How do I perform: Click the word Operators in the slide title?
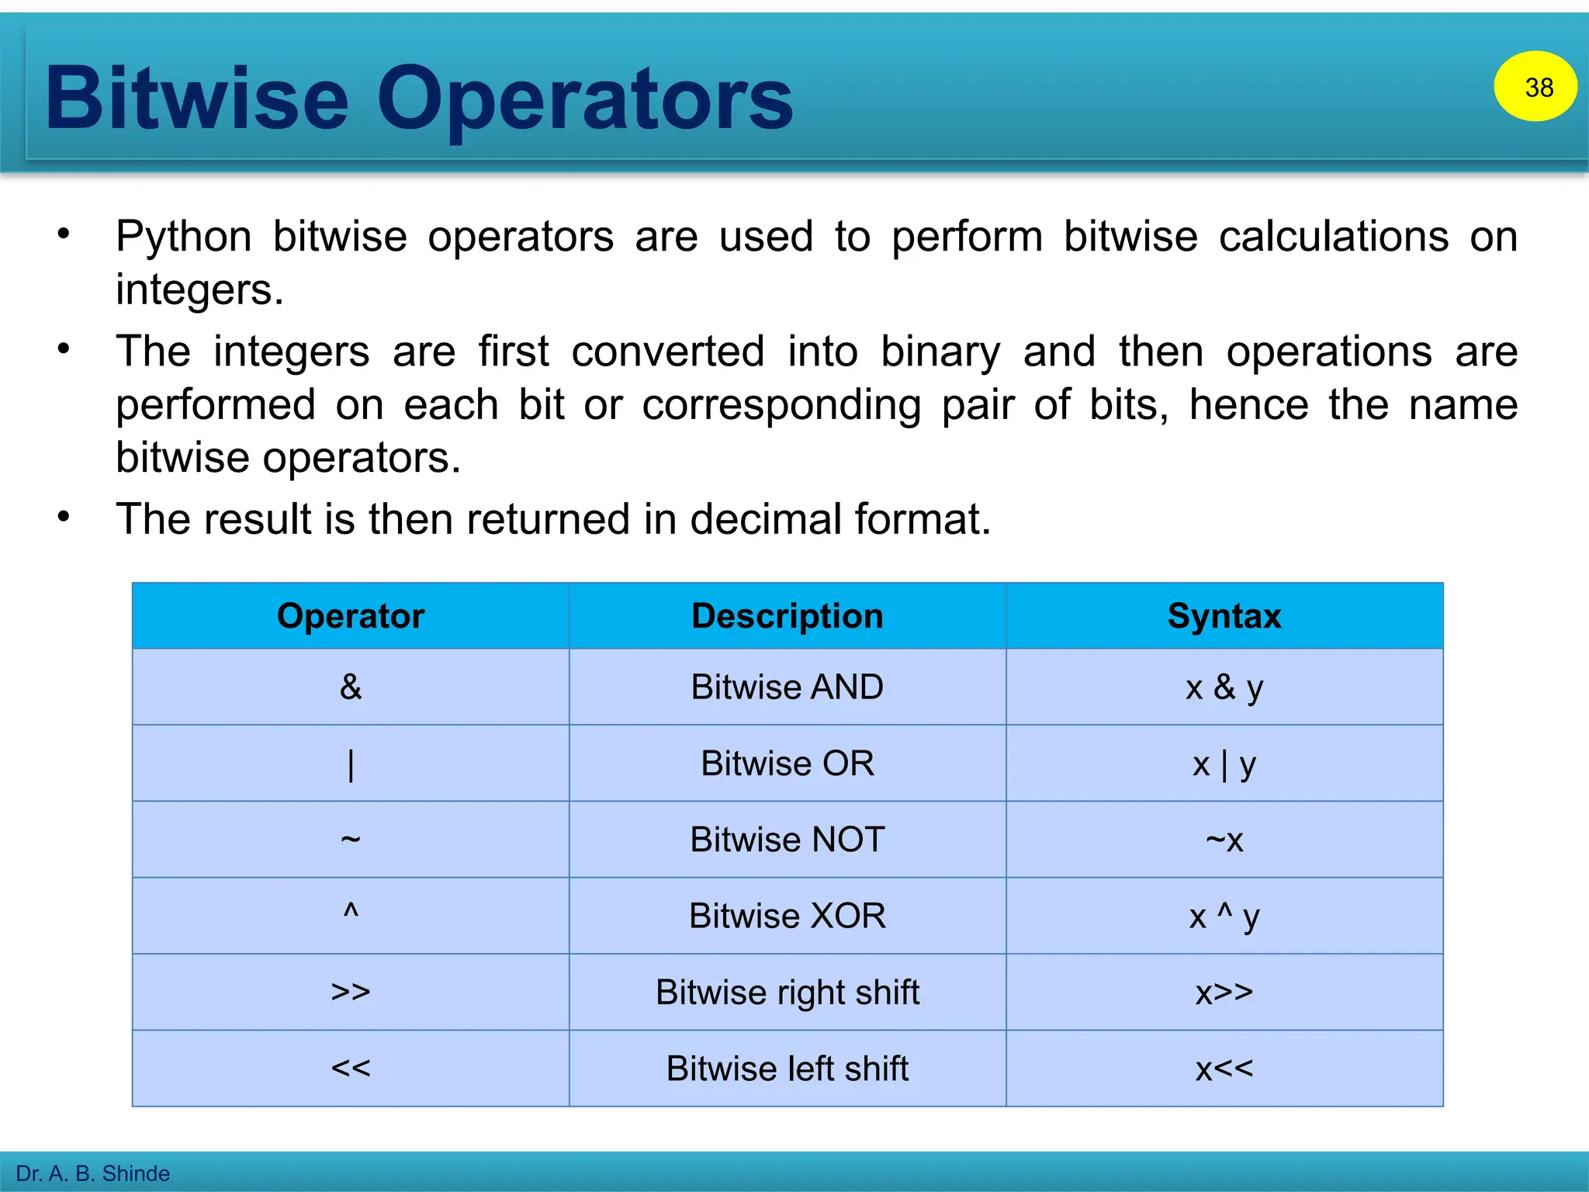pyautogui.click(x=585, y=99)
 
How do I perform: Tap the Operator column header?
pyautogui.click(x=351, y=616)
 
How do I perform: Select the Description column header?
pyautogui.click(x=787, y=616)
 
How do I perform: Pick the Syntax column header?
pyautogui.click(x=1224, y=616)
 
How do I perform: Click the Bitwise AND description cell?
pyautogui.click(x=787, y=687)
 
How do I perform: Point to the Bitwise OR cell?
pyautogui.click(x=787, y=764)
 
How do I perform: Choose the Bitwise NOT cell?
pyautogui.click(x=787, y=840)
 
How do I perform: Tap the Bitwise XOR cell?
pyautogui.click(x=787, y=916)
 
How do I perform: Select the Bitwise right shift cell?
pyautogui.click(x=787, y=993)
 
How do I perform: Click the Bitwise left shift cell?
pyautogui.click(x=787, y=1069)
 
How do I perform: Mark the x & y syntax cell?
pyautogui.click(x=1224, y=688)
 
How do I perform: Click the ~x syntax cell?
pyautogui.click(x=1224, y=840)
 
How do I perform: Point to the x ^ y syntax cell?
pyautogui.click(x=1224, y=917)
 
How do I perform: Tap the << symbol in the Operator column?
pyautogui.click(x=351, y=1069)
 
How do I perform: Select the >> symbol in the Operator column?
pyautogui.click(x=351, y=993)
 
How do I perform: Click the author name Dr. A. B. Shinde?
pyautogui.click(x=93, y=1173)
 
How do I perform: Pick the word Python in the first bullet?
pyautogui.click(x=184, y=237)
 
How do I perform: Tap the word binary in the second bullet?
pyautogui.click(x=940, y=352)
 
